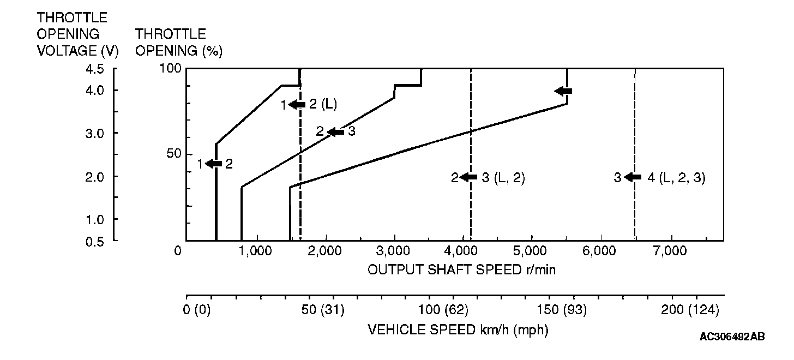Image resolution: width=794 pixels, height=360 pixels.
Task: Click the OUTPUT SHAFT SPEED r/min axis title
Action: click(461, 270)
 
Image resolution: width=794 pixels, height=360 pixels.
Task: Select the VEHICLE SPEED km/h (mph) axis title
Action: click(458, 330)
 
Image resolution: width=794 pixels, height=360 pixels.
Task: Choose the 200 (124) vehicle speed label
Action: click(690, 310)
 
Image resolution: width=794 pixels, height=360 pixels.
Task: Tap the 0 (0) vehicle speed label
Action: click(197, 310)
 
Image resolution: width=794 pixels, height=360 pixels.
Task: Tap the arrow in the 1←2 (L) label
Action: click(297, 105)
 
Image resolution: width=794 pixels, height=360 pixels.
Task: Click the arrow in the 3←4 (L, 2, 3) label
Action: click(633, 177)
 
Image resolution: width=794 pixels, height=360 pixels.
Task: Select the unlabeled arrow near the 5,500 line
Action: click(563, 91)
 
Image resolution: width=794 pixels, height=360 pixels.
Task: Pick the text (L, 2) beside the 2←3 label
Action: click(509, 178)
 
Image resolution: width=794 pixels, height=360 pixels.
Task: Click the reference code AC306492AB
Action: click(732, 337)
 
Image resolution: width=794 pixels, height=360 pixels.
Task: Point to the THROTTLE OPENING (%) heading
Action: click(178, 43)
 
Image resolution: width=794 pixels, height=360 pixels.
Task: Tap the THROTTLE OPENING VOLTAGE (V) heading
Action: click(77, 34)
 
